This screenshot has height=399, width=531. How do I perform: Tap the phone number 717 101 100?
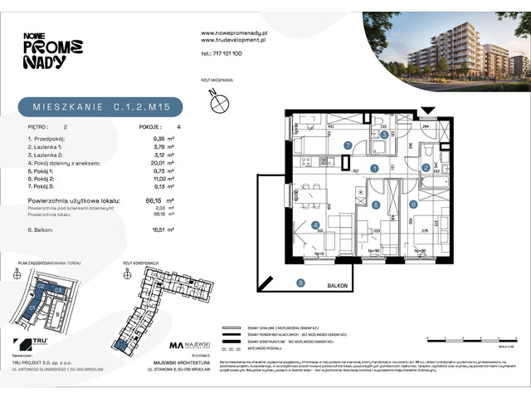[x=222, y=52]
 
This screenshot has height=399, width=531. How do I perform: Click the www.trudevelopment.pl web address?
[x=233, y=39]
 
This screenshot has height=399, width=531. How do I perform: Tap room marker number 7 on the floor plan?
[x=348, y=145]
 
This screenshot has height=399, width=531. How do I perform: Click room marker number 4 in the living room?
[x=314, y=224]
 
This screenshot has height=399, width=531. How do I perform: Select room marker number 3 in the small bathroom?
[x=384, y=134]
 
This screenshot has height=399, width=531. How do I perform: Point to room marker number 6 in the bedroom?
[x=413, y=204]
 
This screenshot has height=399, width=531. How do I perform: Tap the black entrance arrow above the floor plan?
[x=427, y=110]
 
